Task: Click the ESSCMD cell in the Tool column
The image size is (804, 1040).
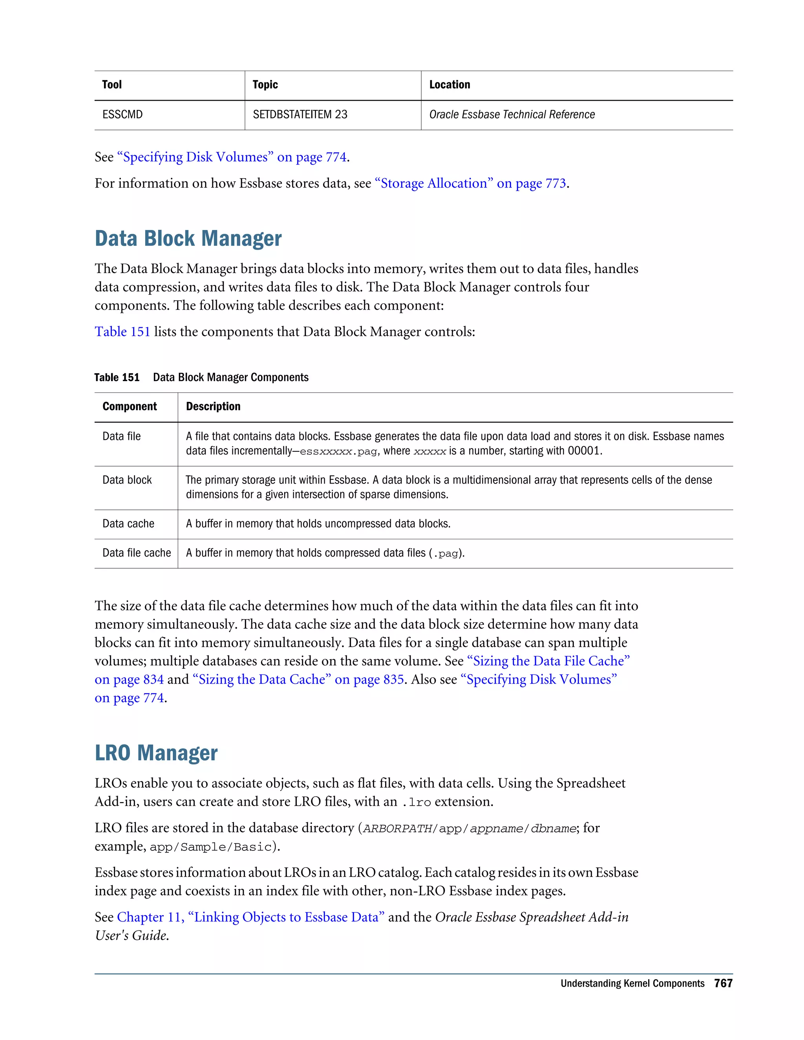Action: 122,115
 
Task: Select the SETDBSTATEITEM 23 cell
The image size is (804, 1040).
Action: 300,115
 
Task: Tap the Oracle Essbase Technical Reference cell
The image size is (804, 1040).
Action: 512,115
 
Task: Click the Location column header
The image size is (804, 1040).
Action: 449,85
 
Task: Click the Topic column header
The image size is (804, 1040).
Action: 265,85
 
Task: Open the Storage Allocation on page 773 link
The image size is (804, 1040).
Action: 470,184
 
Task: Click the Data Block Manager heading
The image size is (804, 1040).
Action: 188,239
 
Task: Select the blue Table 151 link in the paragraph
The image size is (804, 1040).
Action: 122,332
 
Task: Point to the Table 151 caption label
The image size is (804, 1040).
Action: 117,378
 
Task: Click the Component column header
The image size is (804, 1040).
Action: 130,407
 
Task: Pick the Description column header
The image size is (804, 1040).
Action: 213,407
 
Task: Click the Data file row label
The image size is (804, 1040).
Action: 121,437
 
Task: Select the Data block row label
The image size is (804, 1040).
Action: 127,480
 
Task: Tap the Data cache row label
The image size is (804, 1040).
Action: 128,524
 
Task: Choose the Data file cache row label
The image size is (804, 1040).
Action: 136,553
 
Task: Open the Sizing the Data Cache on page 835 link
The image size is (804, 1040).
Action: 298,679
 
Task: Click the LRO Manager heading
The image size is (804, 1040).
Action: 156,753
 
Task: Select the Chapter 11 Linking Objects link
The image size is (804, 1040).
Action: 250,917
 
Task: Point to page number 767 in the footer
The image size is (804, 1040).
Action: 723,983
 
